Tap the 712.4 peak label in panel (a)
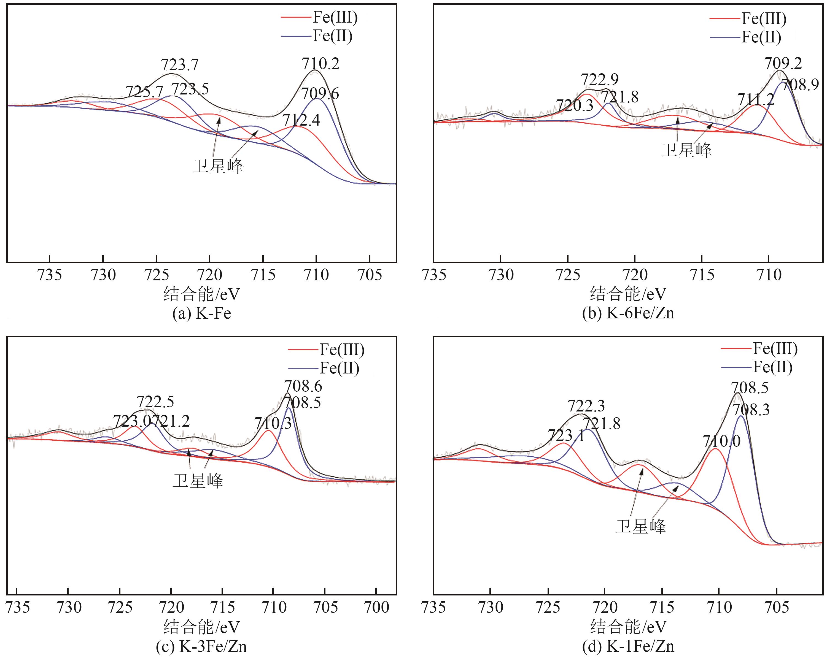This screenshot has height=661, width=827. coord(301,120)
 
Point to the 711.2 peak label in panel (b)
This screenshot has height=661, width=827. coord(755,100)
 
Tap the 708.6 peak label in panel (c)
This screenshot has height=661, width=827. coord(303,386)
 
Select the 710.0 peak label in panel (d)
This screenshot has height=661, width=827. coord(721,441)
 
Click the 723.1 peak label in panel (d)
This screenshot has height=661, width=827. coord(566,435)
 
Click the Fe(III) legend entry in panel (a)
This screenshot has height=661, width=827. coord(335,18)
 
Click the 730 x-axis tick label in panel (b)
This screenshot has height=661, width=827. coord(501,275)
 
